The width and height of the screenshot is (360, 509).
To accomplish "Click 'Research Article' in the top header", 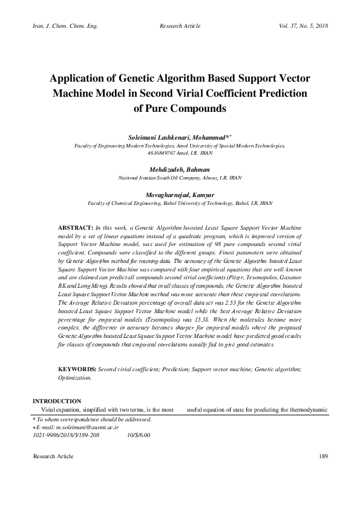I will coord(180,27).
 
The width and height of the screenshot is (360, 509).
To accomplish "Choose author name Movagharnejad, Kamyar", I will coord(180,195).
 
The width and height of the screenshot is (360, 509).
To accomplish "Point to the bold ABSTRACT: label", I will coord(76,225).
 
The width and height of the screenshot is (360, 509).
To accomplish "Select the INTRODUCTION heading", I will coord(57,401).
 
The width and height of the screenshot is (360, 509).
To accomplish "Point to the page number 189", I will coord(322,456).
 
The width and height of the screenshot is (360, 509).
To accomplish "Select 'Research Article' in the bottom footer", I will coord(53,456).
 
